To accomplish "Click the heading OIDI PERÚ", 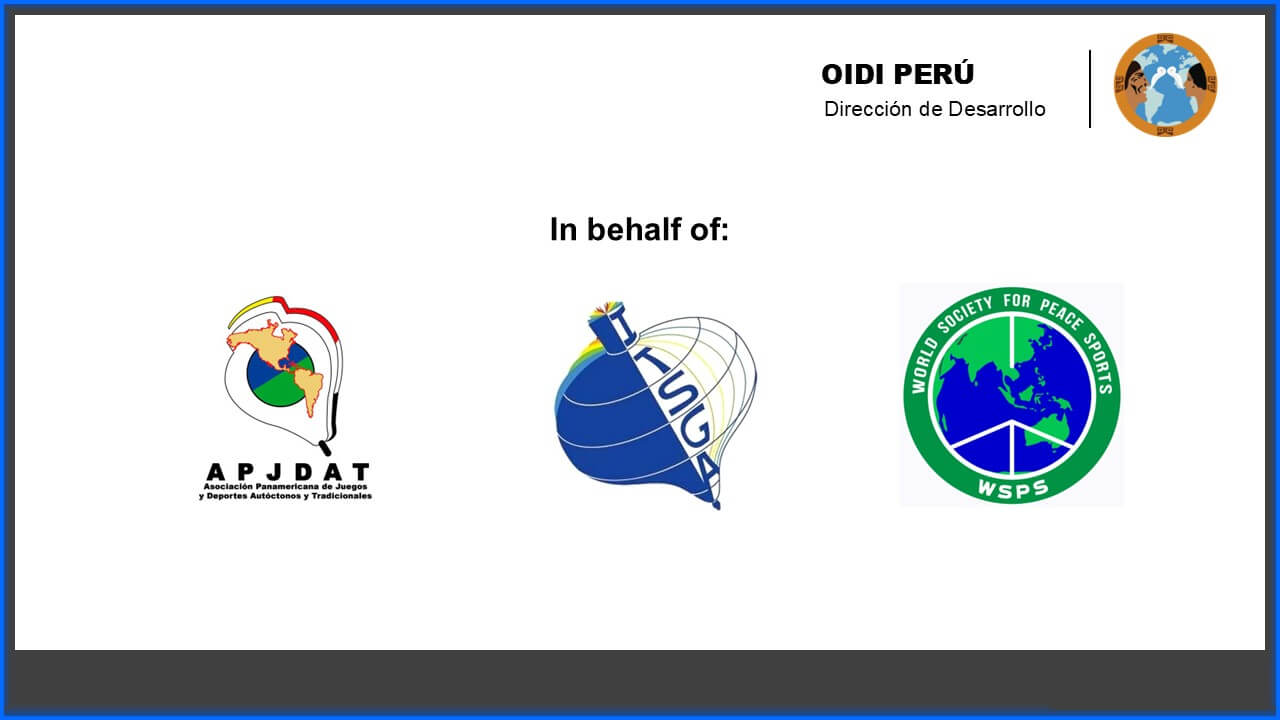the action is [898, 74].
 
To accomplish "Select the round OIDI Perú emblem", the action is [1165, 85].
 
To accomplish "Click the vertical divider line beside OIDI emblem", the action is [1090, 89].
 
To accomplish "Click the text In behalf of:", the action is [639, 229].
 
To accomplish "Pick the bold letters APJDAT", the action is [287, 472].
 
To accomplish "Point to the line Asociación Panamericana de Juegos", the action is [286, 486].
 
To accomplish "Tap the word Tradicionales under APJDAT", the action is [342, 496].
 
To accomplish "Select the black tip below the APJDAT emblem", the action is [324, 447].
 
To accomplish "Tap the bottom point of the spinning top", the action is [716, 505].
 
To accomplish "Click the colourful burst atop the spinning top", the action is [606, 309].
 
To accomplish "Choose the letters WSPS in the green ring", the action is [1013, 489].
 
